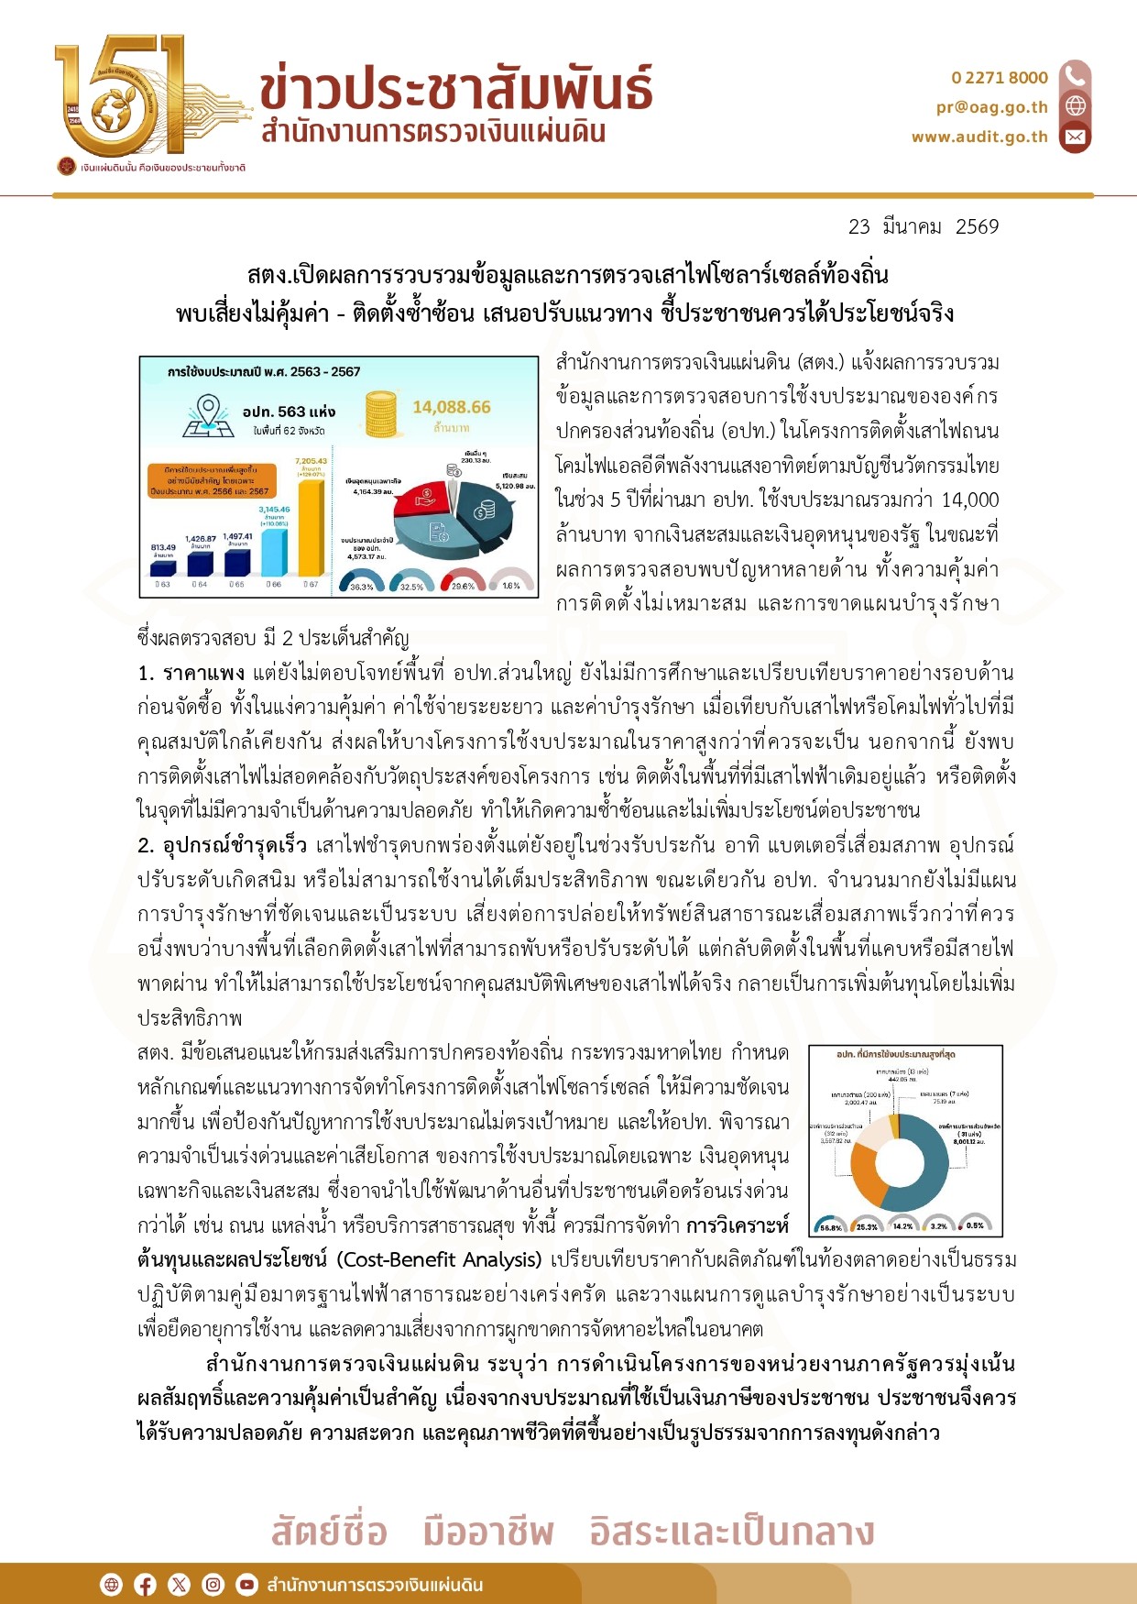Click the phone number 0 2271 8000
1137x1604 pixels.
click(x=999, y=78)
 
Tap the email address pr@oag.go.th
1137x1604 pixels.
click(x=991, y=107)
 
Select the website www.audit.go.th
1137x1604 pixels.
click(x=978, y=137)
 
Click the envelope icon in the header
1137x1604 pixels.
click(x=1076, y=137)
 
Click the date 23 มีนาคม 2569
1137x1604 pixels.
click(x=924, y=226)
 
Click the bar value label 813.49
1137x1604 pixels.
click(x=163, y=547)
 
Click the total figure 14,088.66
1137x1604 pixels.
click(x=451, y=407)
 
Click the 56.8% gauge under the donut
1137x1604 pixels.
click(x=831, y=1224)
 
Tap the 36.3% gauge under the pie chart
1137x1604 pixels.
click(x=361, y=583)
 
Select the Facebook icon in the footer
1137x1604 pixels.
click(x=146, y=1585)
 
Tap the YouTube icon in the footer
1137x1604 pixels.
click(x=246, y=1585)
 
